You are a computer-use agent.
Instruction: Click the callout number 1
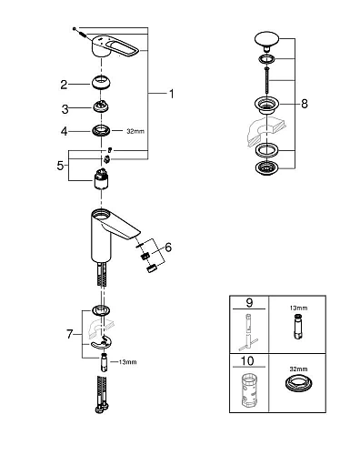click(x=169, y=93)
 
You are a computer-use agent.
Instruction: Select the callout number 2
click(x=64, y=85)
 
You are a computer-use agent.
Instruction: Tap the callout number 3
click(x=64, y=108)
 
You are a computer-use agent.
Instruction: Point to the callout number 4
click(x=64, y=132)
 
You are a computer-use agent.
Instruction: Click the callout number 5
click(x=61, y=166)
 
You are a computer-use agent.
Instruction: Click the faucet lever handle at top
click(x=109, y=54)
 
